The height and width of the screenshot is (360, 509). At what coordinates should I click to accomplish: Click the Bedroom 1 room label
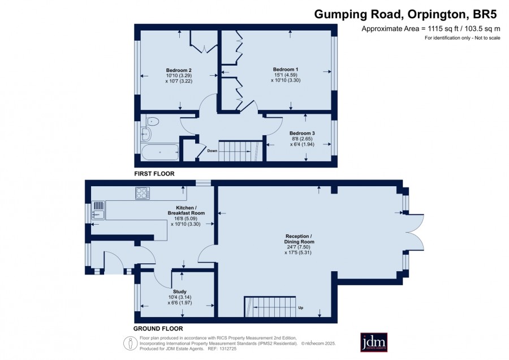click(286, 69)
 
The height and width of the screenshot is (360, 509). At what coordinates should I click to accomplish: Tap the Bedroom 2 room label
click(179, 70)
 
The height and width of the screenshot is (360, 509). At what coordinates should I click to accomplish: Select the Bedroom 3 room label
click(302, 133)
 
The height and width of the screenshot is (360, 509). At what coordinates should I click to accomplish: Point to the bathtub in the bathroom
click(161, 152)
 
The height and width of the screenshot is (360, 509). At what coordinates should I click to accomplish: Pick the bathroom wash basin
click(146, 134)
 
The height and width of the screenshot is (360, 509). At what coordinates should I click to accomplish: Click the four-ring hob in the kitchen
click(143, 193)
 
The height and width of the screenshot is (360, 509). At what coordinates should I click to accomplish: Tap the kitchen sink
click(98, 215)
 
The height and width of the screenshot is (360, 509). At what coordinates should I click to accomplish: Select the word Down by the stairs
click(212, 151)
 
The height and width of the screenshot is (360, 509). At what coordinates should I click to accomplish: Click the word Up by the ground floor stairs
click(301, 308)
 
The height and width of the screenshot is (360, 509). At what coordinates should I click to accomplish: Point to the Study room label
click(179, 292)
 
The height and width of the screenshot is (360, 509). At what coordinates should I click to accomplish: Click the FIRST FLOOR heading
click(154, 174)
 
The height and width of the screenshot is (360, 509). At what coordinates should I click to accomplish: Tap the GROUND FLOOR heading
click(158, 328)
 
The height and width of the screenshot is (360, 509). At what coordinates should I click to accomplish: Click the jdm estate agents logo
click(374, 342)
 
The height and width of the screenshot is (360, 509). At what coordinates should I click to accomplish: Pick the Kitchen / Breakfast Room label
click(186, 210)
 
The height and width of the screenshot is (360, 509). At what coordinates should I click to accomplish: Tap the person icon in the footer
click(131, 344)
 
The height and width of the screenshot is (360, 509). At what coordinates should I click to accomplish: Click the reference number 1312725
click(228, 349)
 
